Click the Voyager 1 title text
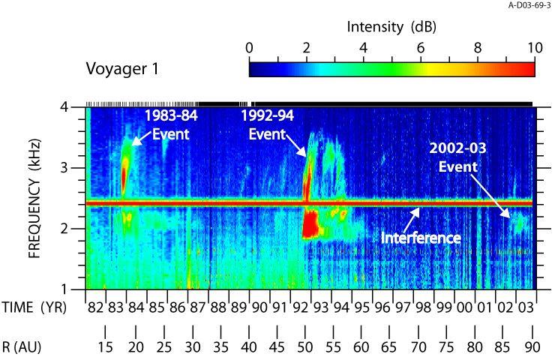[x=122, y=69]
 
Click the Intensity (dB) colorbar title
[x=391, y=27]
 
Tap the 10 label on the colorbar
[x=535, y=48]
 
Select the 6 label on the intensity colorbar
[x=421, y=48]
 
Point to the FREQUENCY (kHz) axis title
[x=34, y=198]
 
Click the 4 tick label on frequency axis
[x=64, y=106]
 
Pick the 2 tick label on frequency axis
[x=64, y=229]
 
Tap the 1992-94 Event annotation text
[x=268, y=124]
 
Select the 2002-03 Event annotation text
[x=458, y=157]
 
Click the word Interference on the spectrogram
[x=421, y=238]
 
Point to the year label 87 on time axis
[x=197, y=307]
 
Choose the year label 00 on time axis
[x=464, y=307]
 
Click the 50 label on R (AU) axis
[x=304, y=347]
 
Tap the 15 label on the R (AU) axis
[x=105, y=347]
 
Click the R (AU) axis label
[x=22, y=347]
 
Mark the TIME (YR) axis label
[x=34, y=307]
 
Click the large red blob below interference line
[x=310, y=224]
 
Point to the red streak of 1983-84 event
[x=124, y=176]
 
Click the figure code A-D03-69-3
[x=529, y=5]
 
